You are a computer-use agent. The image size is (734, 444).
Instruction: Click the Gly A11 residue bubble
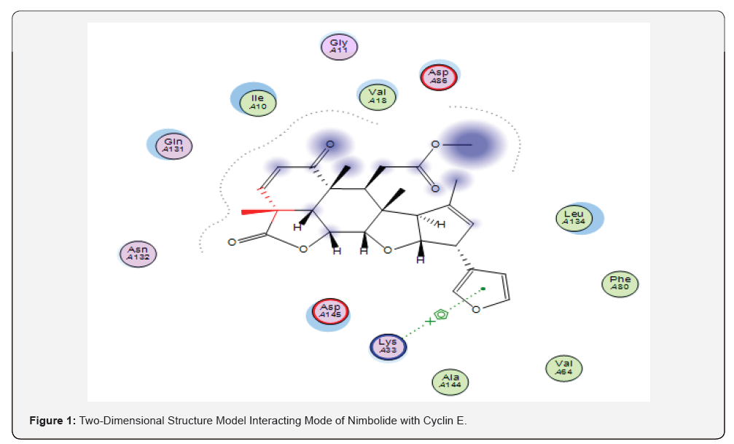[x=339, y=47]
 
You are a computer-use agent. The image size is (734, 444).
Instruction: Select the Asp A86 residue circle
[x=439, y=77]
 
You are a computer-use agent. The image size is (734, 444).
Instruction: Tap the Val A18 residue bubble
[x=377, y=96]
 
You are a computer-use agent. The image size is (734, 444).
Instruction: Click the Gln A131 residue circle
[x=173, y=145]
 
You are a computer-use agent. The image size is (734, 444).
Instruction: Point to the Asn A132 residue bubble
[x=138, y=254]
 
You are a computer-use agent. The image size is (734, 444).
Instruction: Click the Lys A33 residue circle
[x=388, y=346]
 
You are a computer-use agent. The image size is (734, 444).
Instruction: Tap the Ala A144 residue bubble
[x=450, y=381]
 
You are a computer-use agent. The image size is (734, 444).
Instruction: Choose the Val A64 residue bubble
[x=564, y=368]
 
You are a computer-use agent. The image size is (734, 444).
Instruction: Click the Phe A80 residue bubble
[x=620, y=284]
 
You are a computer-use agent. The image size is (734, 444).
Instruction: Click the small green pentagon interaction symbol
[x=441, y=315]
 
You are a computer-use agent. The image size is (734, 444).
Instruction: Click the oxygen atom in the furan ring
[x=477, y=309]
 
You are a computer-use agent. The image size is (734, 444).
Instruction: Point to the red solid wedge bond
[x=259, y=212]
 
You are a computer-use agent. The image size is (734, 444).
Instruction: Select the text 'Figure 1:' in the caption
[x=52, y=421]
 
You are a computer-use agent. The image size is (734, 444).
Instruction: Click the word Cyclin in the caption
[x=424, y=421]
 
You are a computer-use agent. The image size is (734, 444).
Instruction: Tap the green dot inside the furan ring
[x=483, y=288]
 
